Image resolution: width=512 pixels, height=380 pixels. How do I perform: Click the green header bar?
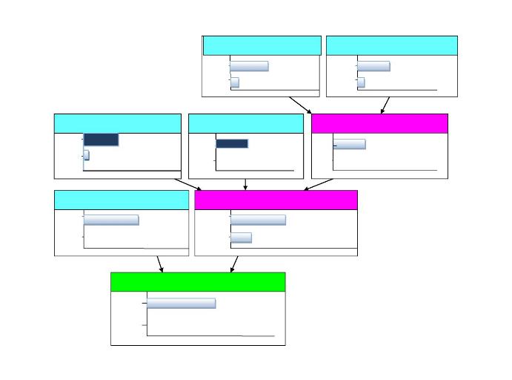[x=198, y=282]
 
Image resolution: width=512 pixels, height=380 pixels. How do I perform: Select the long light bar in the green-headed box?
[x=181, y=303]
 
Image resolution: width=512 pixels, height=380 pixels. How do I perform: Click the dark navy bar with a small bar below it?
[x=101, y=140]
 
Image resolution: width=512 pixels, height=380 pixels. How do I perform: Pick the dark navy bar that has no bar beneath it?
[x=232, y=143]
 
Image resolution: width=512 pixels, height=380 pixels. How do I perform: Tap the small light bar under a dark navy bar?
[x=87, y=155]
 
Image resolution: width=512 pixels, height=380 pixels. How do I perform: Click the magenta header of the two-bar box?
[x=276, y=200]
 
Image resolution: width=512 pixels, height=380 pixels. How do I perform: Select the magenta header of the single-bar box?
[x=379, y=123]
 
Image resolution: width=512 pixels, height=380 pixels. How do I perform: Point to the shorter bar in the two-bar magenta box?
[x=241, y=237]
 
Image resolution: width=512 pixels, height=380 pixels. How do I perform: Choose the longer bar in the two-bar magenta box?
[x=258, y=220]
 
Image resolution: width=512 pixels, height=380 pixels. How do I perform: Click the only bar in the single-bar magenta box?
[x=349, y=144]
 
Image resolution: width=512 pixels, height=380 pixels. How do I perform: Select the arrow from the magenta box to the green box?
[x=234, y=264]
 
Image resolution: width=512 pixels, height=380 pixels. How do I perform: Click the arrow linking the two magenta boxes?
[x=319, y=184]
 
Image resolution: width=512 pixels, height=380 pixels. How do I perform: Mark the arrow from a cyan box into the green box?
[x=160, y=264]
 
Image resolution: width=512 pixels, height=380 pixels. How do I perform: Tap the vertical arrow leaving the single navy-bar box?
[x=245, y=184]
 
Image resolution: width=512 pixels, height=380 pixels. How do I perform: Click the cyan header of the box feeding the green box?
[x=122, y=200]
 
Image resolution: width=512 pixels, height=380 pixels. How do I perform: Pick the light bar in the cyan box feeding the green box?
[x=111, y=220]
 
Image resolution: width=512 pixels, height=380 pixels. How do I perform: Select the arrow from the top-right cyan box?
[x=385, y=105]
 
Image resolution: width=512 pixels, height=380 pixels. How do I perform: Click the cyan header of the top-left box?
[x=262, y=45]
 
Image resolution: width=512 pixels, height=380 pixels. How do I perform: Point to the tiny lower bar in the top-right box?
[x=361, y=82]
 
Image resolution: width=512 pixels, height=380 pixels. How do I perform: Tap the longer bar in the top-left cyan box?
[x=249, y=66]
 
